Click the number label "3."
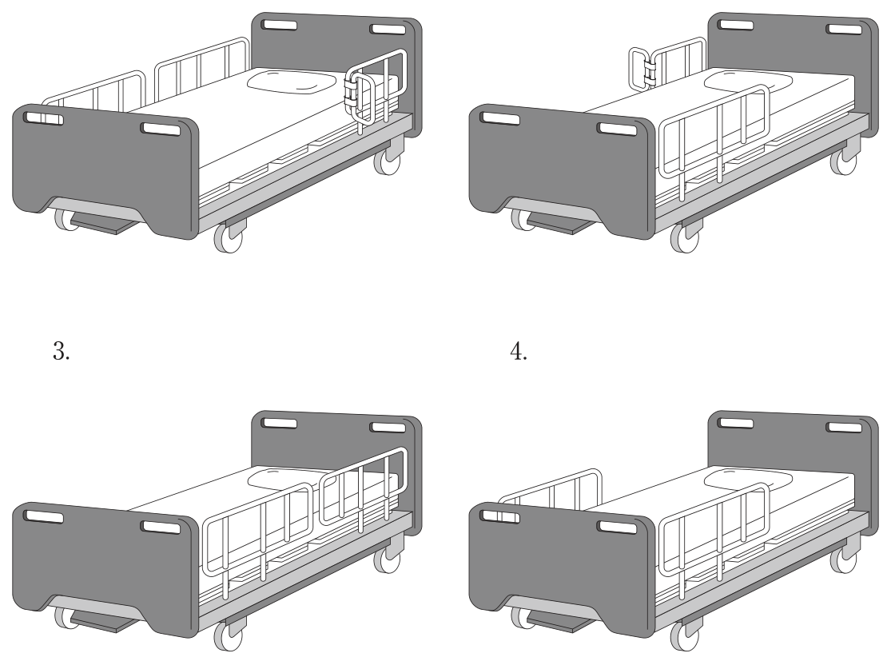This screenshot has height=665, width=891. (62, 351)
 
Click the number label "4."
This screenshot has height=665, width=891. (519, 351)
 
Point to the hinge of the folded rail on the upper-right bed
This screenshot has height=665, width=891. (649, 70)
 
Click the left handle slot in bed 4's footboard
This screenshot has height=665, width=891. (499, 516)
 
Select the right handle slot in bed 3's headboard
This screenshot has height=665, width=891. (388, 428)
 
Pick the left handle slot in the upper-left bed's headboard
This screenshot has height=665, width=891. (278, 25)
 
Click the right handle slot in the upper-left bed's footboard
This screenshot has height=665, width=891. (161, 129)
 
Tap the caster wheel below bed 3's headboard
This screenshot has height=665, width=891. (388, 559)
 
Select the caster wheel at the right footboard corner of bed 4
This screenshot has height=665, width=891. (685, 635)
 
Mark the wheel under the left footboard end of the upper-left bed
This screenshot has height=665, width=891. (66, 219)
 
